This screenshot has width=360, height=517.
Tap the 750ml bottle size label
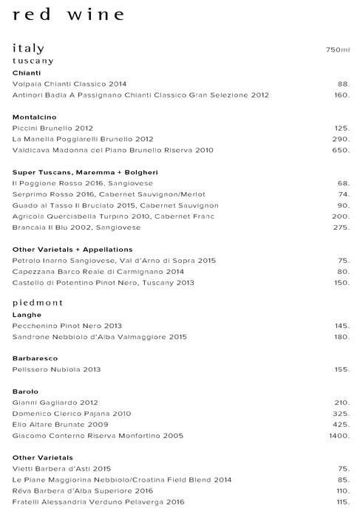(337, 49)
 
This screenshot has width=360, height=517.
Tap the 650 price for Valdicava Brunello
(340, 150)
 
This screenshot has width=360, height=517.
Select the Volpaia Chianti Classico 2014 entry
(64, 83)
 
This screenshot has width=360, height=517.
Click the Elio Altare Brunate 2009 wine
(55, 425)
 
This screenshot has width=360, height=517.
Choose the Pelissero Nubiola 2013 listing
(56, 369)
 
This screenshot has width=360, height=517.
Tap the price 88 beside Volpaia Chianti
(342, 83)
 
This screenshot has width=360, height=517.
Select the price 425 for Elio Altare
(340, 425)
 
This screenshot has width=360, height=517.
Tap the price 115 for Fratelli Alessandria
(341, 503)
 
